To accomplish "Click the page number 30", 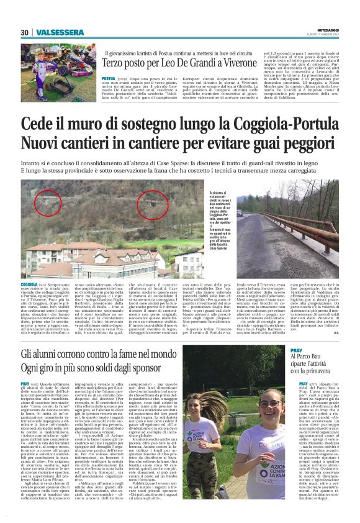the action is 24,32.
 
